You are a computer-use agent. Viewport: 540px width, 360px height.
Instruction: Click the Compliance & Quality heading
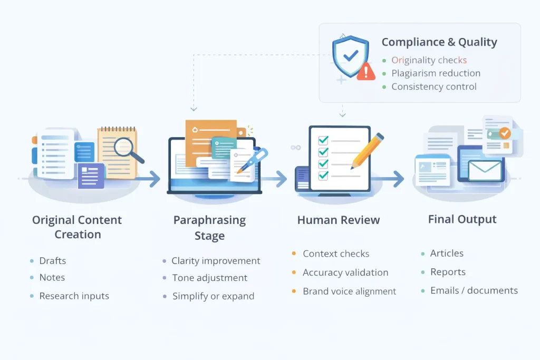click(439, 42)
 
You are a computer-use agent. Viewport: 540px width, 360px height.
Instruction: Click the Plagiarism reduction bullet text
click(436, 73)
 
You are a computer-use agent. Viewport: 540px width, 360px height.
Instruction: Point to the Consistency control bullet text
click(433, 86)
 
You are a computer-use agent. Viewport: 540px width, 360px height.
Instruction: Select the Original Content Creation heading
click(77, 227)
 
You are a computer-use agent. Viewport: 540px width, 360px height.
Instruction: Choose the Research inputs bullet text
click(74, 296)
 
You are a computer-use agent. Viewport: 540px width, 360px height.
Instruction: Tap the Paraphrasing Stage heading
click(209, 227)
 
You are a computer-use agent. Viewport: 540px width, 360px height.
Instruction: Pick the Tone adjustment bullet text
click(209, 278)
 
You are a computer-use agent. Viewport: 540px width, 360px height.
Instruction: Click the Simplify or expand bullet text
click(213, 296)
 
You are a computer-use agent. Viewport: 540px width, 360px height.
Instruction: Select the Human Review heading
click(339, 220)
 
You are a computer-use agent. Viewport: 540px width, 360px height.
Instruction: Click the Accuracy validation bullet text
click(345, 273)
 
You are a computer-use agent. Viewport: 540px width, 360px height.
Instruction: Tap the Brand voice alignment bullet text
click(349, 291)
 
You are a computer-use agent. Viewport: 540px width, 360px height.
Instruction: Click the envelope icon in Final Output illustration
click(484, 170)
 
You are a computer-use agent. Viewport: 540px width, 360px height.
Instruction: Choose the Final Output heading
click(462, 219)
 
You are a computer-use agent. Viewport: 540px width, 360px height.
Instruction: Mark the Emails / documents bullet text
click(474, 290)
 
